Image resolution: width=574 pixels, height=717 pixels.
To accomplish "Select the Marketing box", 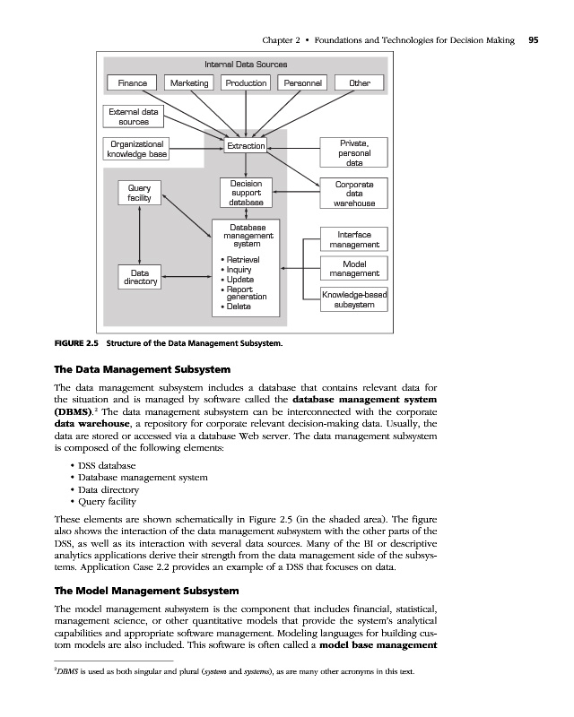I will pos(189,83).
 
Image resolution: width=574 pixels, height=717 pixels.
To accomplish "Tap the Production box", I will pos(246,83).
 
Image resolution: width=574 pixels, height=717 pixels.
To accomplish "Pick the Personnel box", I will pos(302,83).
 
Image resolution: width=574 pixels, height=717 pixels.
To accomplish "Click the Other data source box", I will pos(360,83).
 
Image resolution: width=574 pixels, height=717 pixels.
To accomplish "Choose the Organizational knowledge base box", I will pos(136,149).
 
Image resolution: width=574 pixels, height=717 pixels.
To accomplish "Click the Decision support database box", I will pos(246,194).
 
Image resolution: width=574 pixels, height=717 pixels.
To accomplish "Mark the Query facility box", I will pos(139,193).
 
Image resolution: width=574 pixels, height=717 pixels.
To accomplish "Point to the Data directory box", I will pos(139,276).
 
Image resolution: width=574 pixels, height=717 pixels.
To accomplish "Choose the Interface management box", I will pos(354,239).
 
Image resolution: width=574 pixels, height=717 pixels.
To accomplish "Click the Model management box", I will pos(354,269).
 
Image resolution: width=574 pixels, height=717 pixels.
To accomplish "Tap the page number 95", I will pos(534,40).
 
